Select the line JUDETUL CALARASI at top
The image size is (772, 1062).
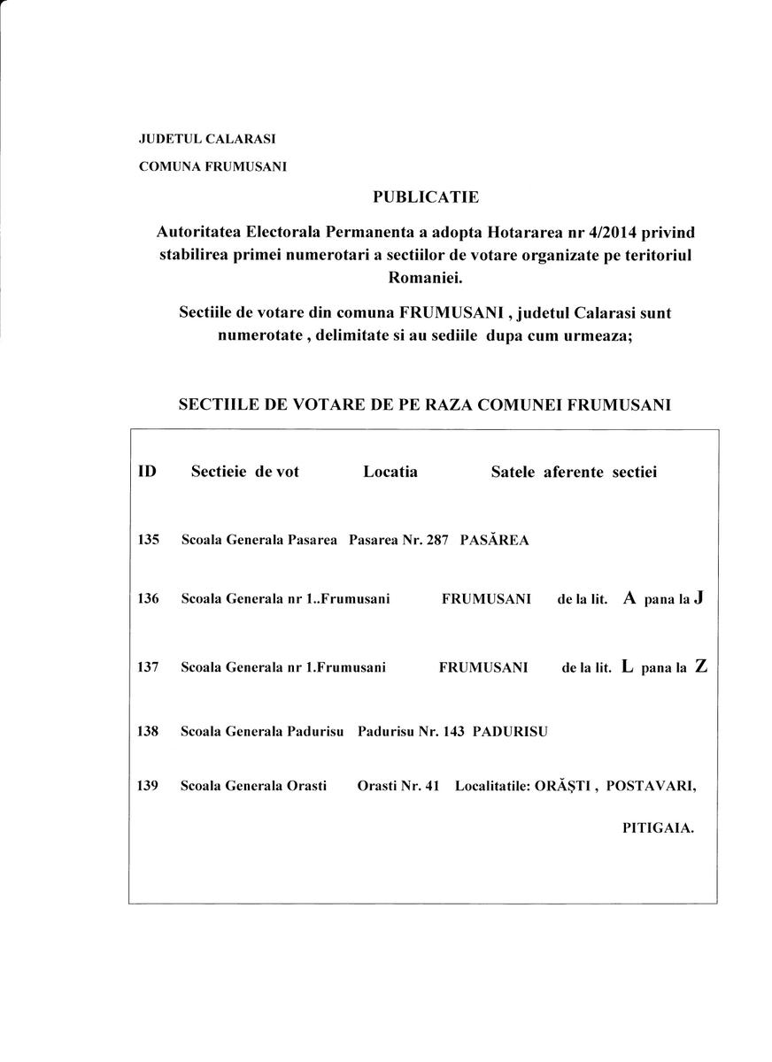point(207,139)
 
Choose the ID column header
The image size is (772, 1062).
point(147,472)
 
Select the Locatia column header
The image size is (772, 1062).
point(390,472)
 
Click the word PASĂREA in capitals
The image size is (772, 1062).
point(494,540)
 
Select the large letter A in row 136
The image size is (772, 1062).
point(629,598)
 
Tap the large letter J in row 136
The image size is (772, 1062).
point(699,597)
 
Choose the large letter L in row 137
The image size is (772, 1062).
point(628,667)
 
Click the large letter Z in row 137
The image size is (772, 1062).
point(701,666)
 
